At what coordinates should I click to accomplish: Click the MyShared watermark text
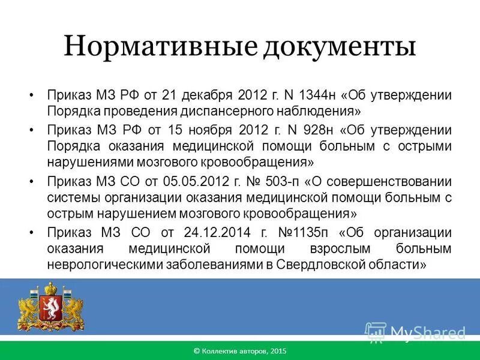click(x=427, y=332)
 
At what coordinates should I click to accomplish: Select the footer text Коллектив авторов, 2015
click(x=240, y=350)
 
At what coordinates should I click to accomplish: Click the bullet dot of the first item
click(x=31, y=96)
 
